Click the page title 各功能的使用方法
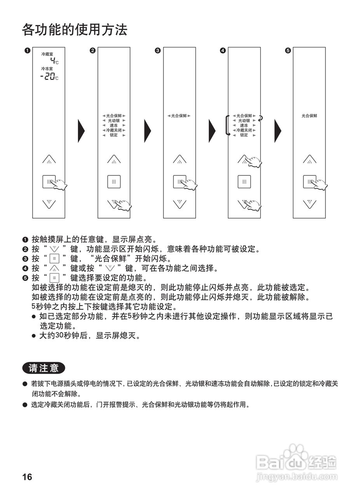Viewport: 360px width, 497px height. [75, 30]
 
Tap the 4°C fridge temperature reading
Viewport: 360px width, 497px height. [54, 61]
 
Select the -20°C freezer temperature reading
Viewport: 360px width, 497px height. [49, 76]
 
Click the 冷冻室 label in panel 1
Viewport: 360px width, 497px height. [47, 69]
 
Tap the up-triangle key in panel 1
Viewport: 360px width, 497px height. [49, 159]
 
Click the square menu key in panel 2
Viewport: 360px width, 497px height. [114, 181]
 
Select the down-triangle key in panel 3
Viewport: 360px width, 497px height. [179, 203]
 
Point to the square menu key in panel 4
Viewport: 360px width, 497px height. [244, 181]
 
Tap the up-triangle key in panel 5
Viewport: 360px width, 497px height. [310, 159]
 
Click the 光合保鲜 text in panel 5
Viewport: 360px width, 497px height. [310, 116]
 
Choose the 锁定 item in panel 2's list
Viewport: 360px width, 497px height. [114, 135]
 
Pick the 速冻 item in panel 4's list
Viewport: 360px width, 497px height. [244, 125]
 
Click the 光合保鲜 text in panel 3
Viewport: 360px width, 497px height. [179, 116]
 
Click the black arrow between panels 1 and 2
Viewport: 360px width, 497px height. [81, 130]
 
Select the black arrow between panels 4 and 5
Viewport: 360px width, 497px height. [278, 130]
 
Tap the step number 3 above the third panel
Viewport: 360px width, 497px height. [157, 50]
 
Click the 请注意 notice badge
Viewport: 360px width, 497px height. [43, 368]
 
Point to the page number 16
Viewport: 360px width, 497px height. [27, 477]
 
